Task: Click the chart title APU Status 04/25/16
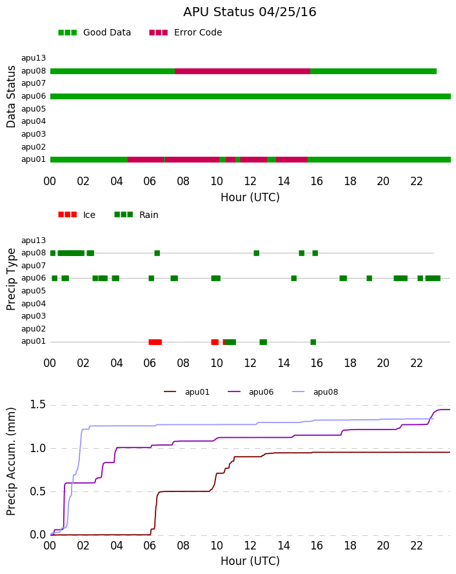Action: pyautogui.click(x=250, y=12)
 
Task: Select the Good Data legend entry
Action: pyautogui.click(x=94, y=33)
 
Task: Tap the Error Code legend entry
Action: pyautogui.click(x=186, y=33)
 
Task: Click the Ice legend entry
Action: pyautogui.click(x=77, y=215)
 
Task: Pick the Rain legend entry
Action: pyautogui.click(x=136, y=215)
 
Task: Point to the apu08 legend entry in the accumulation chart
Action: pyautogui.click(x=315, y=392)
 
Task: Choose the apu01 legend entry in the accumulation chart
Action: pyautogui.click(x=186, y=392)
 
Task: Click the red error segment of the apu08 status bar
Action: pyautogui.click(x=243, y=71)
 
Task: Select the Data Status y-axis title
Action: pyautogui.click(x=11, y=97)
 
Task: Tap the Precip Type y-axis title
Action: pyautogui.click(x=11, y=279)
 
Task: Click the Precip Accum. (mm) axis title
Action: pyautogui.click(x=11, y=462)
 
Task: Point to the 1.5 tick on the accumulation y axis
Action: pyautogui.click(x=37, y=405)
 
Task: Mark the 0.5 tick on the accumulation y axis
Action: pyautogui.click(x=37, y=491)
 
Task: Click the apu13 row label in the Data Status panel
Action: pyautogui.click(x=34, y=58)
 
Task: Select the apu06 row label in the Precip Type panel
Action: pyautogui.click(x=34, y=278)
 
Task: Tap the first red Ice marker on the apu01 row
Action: pyautogui.click(x=155, y=342)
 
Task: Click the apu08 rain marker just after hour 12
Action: pyautogui.click(x=257, y=253)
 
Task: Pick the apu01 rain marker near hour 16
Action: pyautogui.click(x=313, y=342)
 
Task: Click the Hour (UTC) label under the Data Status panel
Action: pyautogui.click(x=250, y=198)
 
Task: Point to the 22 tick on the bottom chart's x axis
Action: pyautogui.click(x=417, y=546)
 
